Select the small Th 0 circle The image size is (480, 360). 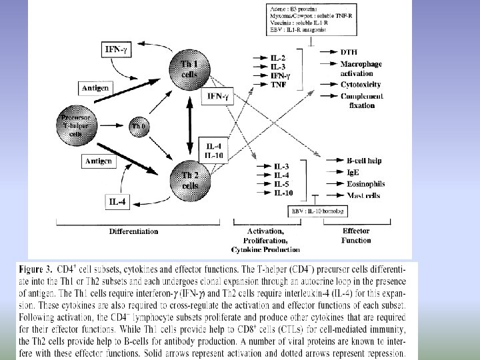click(138, 125)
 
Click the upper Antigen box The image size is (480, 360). click(96, 88)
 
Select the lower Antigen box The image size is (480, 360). click(98, 161)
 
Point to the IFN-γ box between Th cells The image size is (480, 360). click(218, 97)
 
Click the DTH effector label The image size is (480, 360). click(349, 52)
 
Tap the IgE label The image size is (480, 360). click(354, 173)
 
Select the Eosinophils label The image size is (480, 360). click(366, 183)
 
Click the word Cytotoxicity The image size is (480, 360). click(361, 85)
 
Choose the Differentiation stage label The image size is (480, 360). click(133, 231)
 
